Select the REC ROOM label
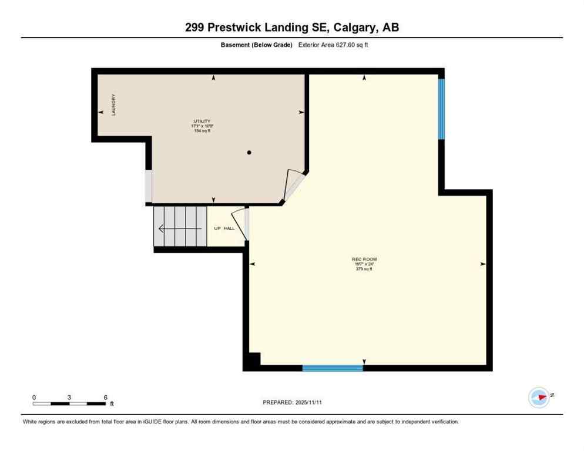364,259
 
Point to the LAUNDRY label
114,105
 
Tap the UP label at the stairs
216,228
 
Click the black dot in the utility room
249,153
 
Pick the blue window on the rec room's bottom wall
333,368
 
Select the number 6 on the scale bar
105,398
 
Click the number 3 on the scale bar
69,398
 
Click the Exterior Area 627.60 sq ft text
333,45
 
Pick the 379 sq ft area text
364,269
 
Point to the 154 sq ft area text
202,130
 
